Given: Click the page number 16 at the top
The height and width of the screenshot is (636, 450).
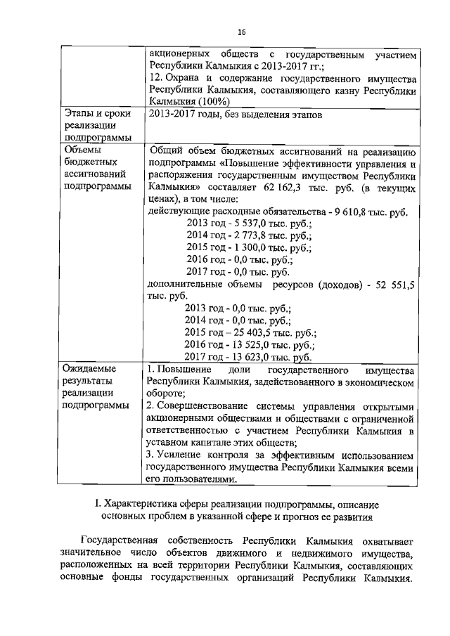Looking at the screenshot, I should (x=241, y=32).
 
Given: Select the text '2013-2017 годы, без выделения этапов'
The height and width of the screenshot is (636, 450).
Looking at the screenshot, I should (x=233, y=115).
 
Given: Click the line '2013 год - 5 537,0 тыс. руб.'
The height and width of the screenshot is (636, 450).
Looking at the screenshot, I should (x=249, y=223).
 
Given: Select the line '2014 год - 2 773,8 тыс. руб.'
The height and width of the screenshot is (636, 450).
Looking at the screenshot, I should (x=249, y=235).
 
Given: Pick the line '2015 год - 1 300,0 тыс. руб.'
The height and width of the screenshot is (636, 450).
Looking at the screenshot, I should (x=249, y=247).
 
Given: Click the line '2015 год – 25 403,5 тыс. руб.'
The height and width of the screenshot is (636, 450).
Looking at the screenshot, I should (x=250, y=332).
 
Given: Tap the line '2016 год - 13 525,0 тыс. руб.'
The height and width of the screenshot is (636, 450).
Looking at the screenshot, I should (x=249, y=344).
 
